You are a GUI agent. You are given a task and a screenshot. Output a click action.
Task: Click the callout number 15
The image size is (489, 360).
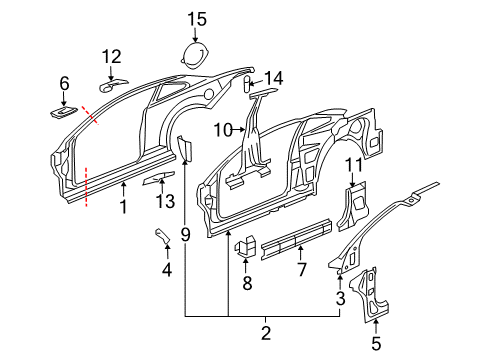point(196,17)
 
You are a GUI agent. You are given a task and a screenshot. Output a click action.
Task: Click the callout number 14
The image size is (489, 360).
point(274,78)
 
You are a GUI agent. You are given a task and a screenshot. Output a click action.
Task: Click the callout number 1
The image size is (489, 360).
point(123,207)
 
